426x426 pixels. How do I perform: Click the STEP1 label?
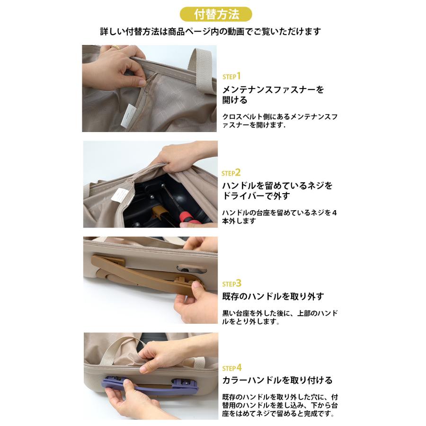coord(232,76)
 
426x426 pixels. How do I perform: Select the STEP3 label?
coord(232,284)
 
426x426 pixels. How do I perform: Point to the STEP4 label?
coord(232,367)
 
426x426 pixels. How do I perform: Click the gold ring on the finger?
coord(115,47)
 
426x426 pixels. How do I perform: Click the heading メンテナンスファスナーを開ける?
coord(273,95)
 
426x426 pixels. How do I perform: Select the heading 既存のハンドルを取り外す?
coord(273,297)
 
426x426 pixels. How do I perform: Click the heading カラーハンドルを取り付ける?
coord(277,380)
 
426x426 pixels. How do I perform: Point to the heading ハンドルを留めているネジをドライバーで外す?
coord(277,190)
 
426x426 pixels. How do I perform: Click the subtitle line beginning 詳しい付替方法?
coord(211,32)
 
